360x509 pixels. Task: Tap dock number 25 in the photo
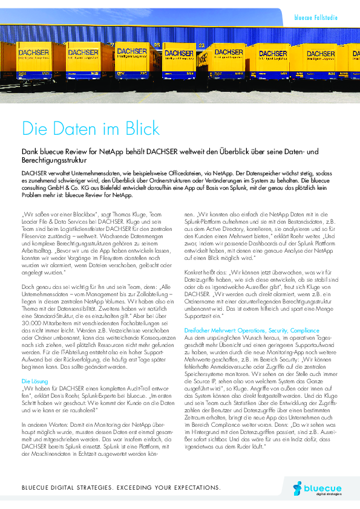pos(157,44)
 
